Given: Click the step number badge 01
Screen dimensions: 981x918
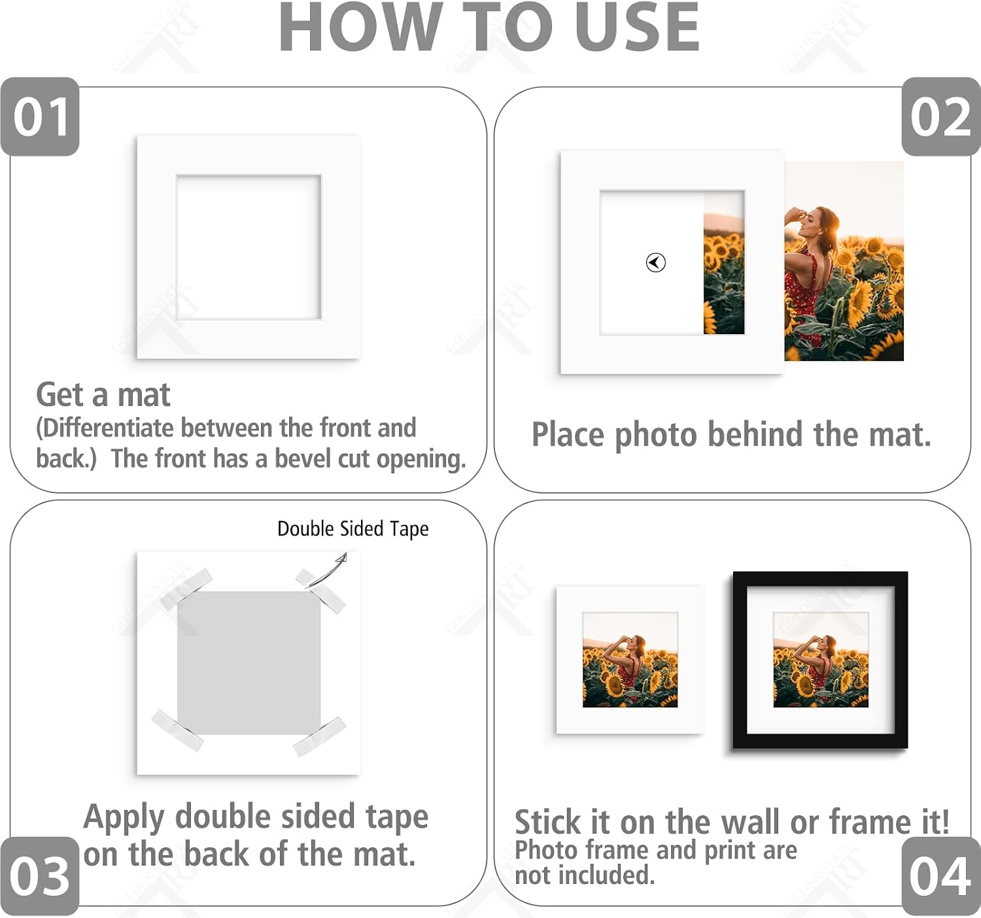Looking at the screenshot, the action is [40, 116].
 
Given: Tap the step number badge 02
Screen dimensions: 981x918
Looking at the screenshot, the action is [941, 116].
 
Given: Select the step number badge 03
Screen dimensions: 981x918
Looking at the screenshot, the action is [40, 876].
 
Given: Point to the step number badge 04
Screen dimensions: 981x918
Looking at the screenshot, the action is [941, 876].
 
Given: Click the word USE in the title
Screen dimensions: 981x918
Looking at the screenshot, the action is [637, 27].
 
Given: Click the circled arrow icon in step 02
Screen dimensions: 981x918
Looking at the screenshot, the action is [655, 262].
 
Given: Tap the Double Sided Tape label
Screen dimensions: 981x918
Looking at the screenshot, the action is [353, 529].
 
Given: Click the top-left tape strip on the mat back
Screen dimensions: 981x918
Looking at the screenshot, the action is [186, 588].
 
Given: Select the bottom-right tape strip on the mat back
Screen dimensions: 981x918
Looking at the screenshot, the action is [320, 737].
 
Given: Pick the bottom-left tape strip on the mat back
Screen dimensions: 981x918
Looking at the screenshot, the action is [177, 730].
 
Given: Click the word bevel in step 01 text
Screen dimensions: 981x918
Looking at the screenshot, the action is [304, 458].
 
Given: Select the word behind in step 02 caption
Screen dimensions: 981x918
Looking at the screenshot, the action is [755, 434].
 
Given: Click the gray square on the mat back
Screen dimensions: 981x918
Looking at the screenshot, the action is [249, 662].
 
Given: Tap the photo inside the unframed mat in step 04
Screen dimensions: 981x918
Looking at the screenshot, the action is [630, 660].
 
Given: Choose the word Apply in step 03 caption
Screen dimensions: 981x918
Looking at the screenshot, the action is [124, 818].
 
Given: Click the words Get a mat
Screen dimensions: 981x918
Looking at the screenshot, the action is [103, 396].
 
